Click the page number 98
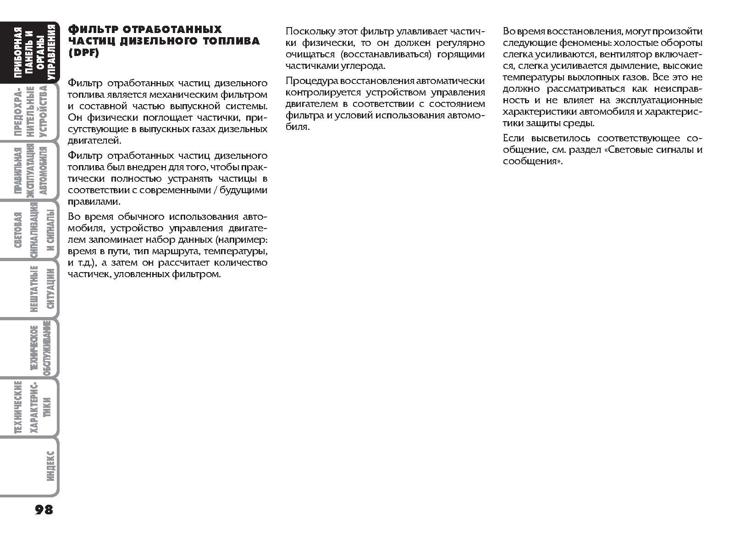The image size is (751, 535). (x=44, y=509)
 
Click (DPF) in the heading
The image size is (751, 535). (x=83, y=53)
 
